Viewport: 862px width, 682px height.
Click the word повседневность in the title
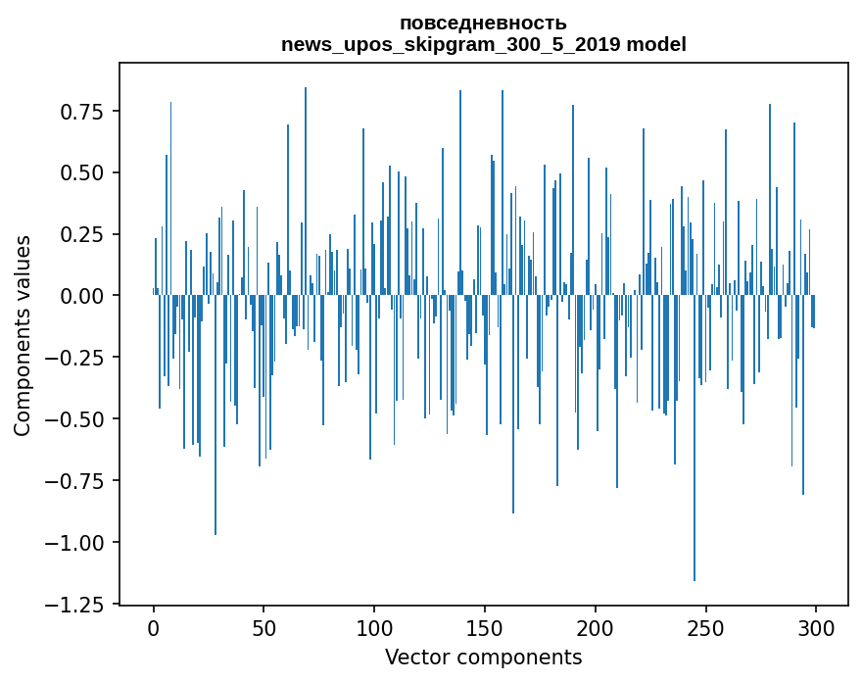[x=483, y=23]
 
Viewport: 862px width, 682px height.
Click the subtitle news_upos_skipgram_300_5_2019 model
[x=483, y=44]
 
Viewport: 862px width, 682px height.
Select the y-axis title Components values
[x=22, y=335]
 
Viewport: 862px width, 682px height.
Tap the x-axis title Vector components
[x=483, y=658]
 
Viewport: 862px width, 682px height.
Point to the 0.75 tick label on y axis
[x=81, y=112]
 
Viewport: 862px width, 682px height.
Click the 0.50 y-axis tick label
[x=81, y=173]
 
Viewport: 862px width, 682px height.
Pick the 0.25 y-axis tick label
[x=81, y=235]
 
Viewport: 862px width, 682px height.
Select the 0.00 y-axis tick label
[x=81, y=296]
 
